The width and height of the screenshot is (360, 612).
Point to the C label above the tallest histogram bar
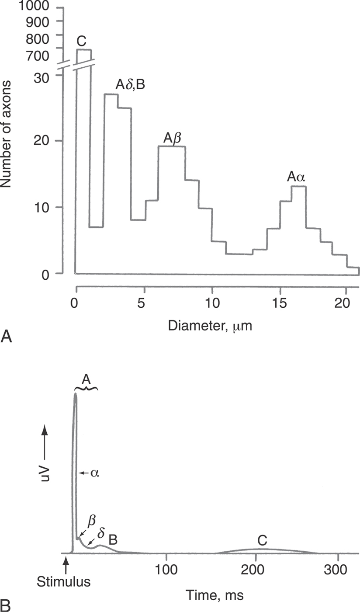click(x=81, y=42)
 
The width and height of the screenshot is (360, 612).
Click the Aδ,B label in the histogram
click(x=130, y=84)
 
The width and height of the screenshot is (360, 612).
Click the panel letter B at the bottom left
click(x=6, y=605)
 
